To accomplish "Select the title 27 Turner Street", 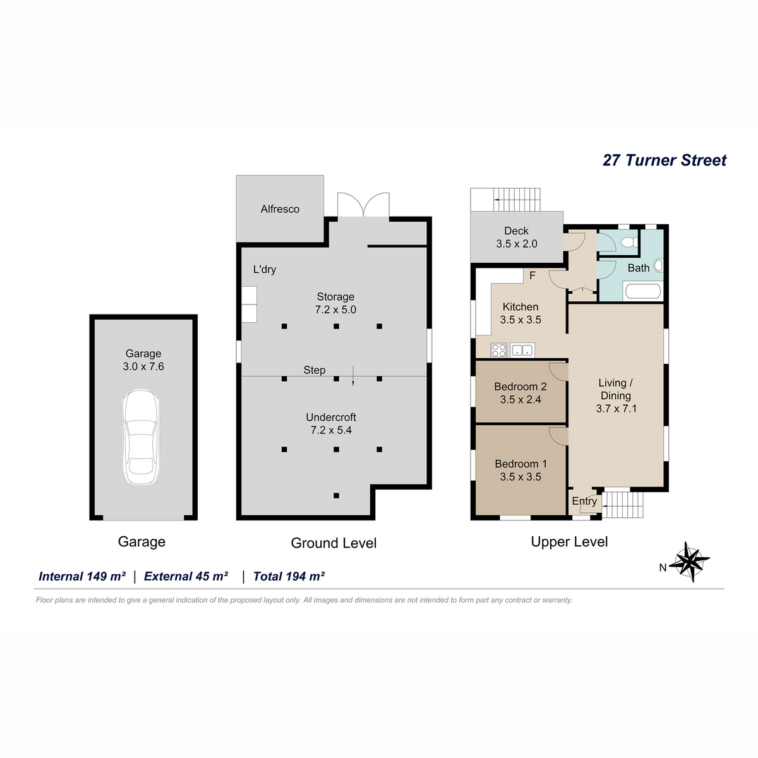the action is pyautogui.click(x=665, y=160).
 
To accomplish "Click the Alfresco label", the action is pyautogui.click(x=280, y=209).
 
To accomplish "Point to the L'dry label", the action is pyautogui.click(x=264, y=270).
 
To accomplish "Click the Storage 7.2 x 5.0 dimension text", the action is pyautogui.click(x=335, y=303).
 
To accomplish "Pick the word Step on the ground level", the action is pyautogui.click(x=315, y=370).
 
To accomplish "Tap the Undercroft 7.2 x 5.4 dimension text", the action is pyautogui.click(x=331, y=424).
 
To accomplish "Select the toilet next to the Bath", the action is pyautogui.click(x=629, y=242).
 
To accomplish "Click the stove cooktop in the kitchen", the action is pyautogui.click(x=499, y=350).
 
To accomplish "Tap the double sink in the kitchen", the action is pyautogui.click(x=522, y=350).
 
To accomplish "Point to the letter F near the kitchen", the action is pyautogui.click(x=532, y=276).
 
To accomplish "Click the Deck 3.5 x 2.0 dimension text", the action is pyautogui.click(x=517, y=238).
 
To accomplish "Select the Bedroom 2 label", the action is pyautogui.click(x=520, y=387).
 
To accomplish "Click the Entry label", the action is pyautogui.click(x=584, y=501).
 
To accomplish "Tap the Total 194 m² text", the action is pyautogui.click(x=289, y=576).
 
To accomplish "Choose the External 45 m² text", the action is pyautogui.click(x=186, y=576).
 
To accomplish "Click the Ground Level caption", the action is pyautogui.click(x=334, y=543).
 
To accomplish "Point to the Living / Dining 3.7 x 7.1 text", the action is pyautogui.click(x=616, y=395).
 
